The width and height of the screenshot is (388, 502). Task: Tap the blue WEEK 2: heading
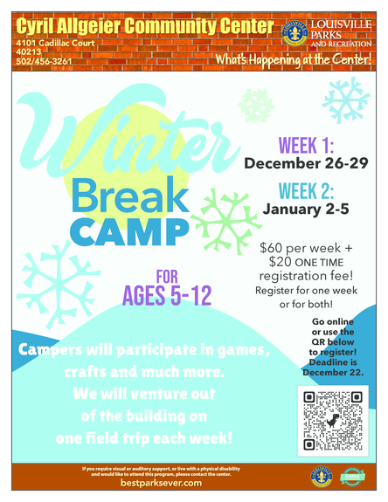[x=306, y=190]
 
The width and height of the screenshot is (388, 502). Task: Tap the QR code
[x=332, y=420]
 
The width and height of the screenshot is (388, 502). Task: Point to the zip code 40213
[x=28, y=52]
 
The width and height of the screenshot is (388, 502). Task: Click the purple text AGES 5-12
[x=166, y=296]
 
